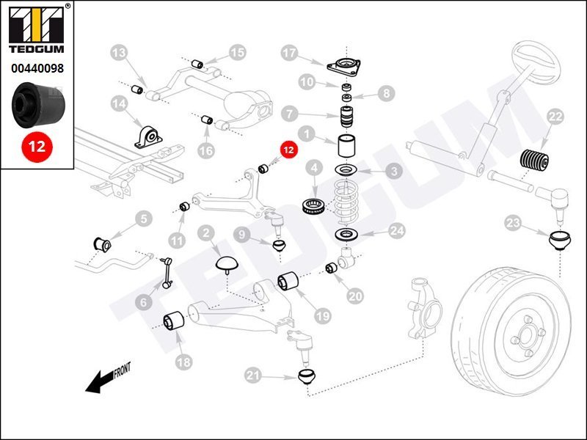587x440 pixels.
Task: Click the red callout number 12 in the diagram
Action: point(288,150)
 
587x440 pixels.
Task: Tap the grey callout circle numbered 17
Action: point(290,53)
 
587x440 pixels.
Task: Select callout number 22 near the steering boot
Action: point(555,117)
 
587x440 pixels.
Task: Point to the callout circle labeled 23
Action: point(513,222)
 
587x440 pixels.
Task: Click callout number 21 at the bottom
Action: point(253,376)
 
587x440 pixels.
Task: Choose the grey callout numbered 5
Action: point(142,218)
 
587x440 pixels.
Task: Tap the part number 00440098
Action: point(37,68)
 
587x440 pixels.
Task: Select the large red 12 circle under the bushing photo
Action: point(37,145)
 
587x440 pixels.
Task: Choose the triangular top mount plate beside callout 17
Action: point(342,66)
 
